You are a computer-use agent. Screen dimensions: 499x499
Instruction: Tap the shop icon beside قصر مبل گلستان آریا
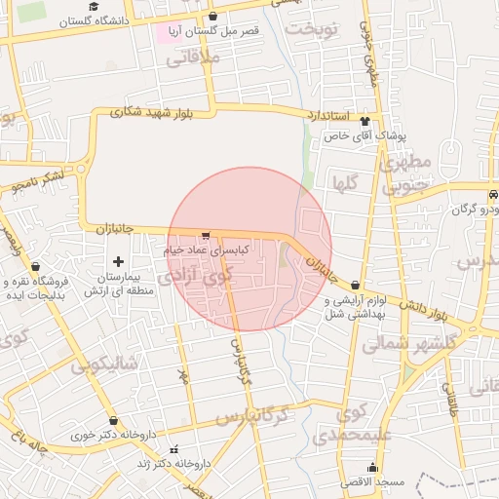[213, 17]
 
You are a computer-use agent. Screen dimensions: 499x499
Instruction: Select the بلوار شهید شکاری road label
[154, 112]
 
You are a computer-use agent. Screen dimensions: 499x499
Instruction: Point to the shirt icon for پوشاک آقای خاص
[365, 121]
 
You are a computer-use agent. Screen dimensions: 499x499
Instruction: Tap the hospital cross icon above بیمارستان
[118, 261]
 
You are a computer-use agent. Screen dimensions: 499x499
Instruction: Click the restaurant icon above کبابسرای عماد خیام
[205, 235]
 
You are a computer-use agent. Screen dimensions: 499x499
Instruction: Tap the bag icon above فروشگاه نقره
[36, 266]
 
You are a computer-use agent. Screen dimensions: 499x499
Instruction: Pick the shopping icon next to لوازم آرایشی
[355, 284]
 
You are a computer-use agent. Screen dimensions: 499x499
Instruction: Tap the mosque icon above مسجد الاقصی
[372, 467]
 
